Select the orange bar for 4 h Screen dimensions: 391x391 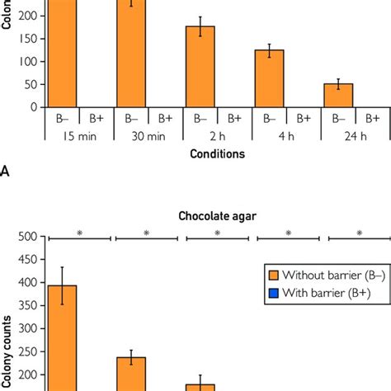[269, 78]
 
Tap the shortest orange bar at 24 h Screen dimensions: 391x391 [338, 95]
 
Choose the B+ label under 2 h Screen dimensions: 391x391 [235, 119]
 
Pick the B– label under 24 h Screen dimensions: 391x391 [338, 119]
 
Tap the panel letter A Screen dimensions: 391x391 [6, 172]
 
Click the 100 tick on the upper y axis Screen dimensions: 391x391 [31, 61]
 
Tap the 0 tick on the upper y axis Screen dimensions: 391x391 [35, 106]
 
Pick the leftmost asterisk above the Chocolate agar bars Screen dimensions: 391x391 [79, 233]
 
